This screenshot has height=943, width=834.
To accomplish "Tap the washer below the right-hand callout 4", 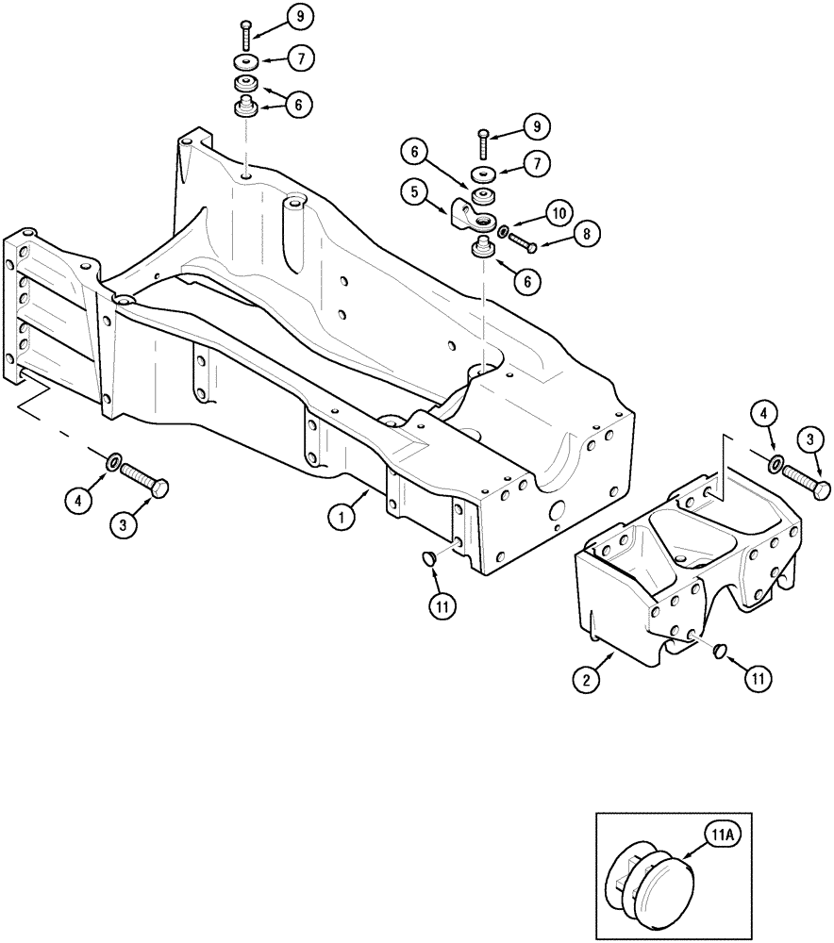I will click(776, 464).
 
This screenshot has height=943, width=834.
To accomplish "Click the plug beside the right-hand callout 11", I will click(719, 650).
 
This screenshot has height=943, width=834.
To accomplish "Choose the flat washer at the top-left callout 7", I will click(245, 63).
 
